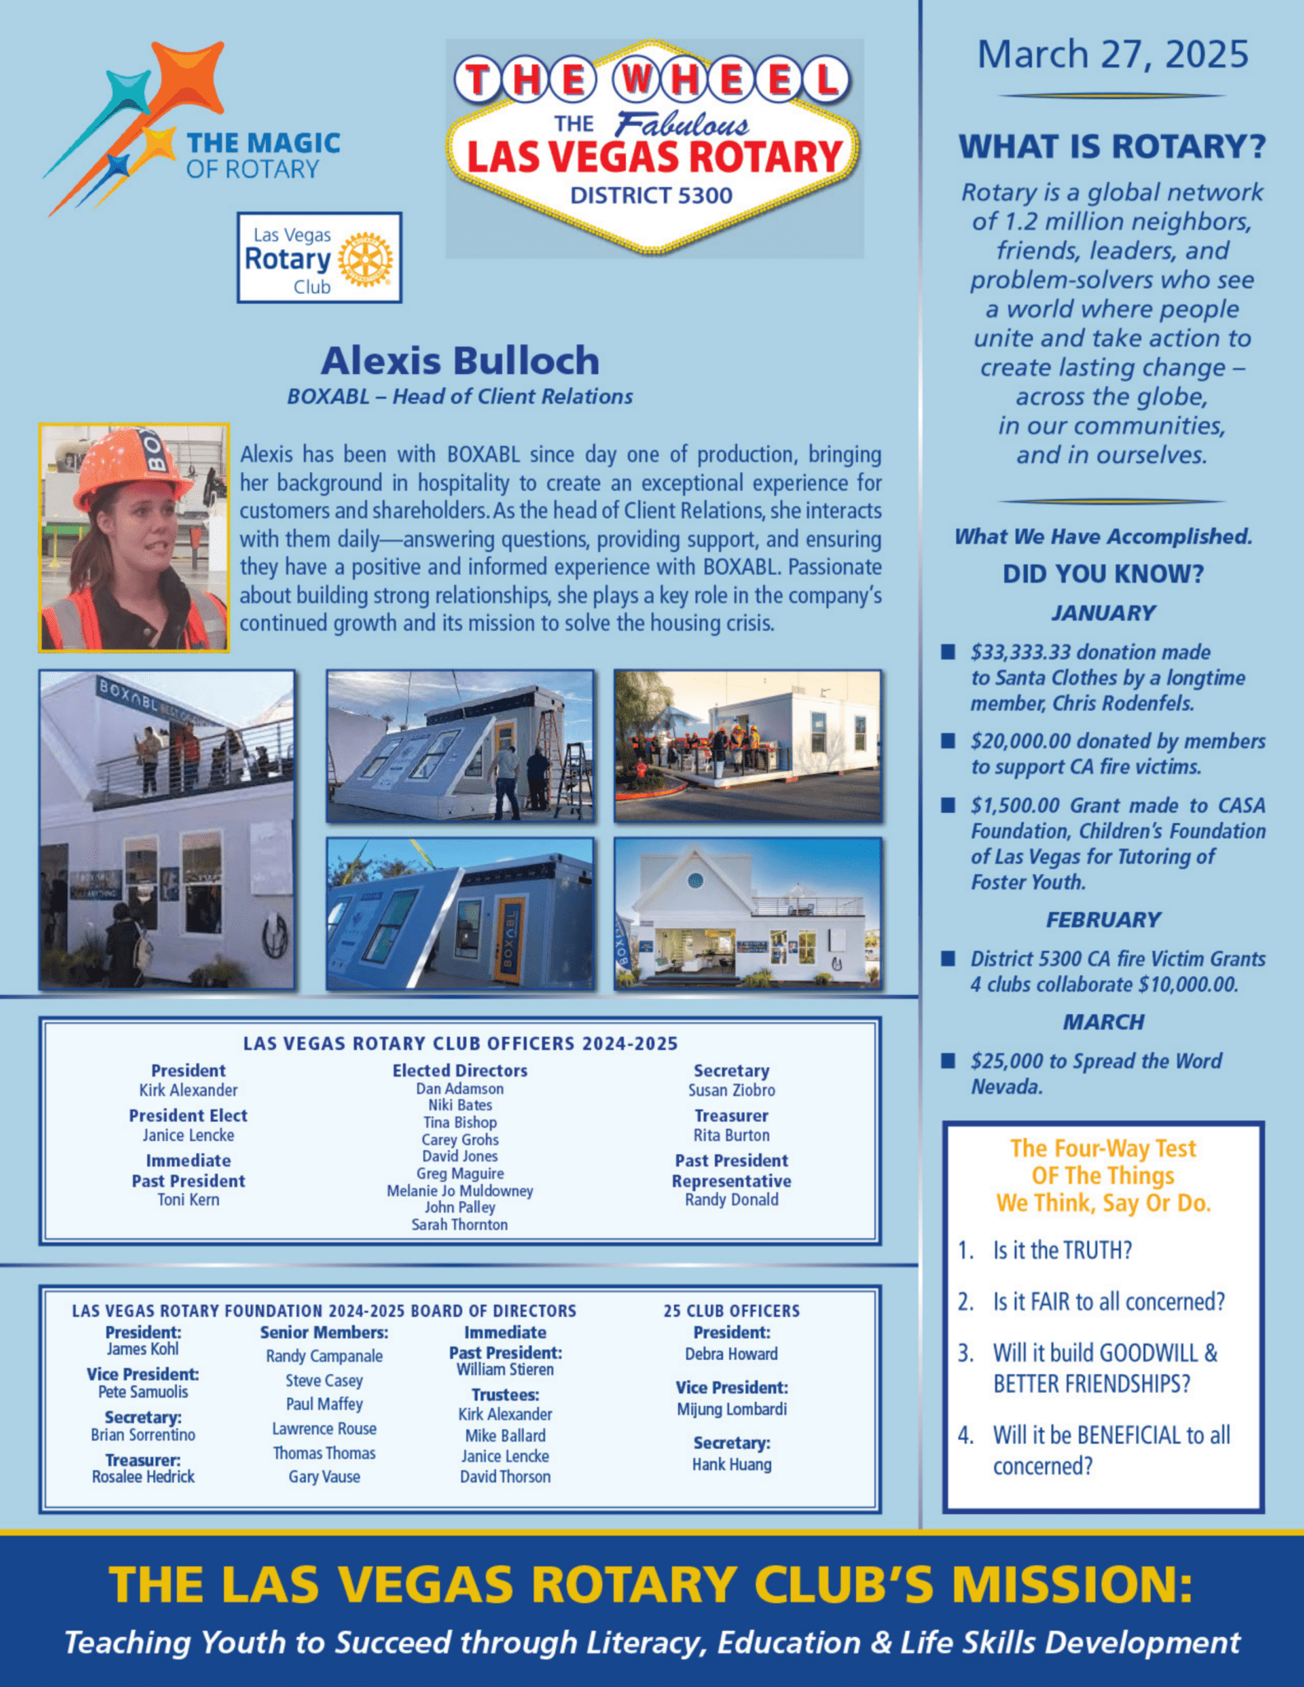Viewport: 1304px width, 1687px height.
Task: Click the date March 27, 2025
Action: click(x=1112, y=55)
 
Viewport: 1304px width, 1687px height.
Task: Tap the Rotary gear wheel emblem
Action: click(x=366, y=259)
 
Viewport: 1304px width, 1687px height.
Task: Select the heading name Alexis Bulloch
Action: click(x=460, y=361)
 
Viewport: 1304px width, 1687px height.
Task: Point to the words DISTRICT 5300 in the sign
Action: click(x=651, y=196)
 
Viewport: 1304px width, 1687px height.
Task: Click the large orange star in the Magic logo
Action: click(x=189, y=78)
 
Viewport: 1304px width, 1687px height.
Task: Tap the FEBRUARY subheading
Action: click(x=1103, y=920)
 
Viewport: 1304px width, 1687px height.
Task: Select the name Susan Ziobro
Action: click(x=731, y=1091)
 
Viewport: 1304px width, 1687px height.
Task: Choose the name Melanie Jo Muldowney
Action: click(x=460, y=1191)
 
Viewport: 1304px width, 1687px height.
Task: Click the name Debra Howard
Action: click(x=731, y=1354)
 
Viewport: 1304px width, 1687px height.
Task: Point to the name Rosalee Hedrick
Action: click(x=143, y=1477)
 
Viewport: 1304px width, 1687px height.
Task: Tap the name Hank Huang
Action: click(x=731, y=1465)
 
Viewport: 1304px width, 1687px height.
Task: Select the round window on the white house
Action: click(x=695, y=881)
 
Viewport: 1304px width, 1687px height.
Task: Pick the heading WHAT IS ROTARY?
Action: click(x=1112, y=147)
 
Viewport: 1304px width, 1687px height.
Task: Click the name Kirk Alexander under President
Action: click(x=188, y=1091)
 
